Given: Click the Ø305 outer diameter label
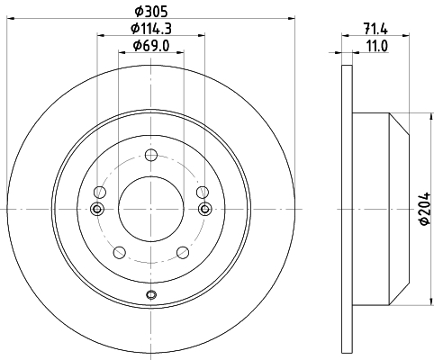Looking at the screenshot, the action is [151, 12].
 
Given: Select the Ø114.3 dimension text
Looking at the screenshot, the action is [151, 29].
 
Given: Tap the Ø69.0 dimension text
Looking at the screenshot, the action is [151, 46].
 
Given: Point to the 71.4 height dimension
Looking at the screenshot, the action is [375, 29].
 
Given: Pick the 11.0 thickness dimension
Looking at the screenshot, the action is [376, 46].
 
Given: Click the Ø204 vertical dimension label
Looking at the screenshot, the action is [425, 209].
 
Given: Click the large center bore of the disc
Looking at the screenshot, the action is [151, 209].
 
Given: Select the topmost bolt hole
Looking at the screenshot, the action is [151, 155].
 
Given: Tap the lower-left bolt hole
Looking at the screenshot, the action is [120, 252].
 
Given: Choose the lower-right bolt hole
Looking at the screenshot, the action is [183, 252].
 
